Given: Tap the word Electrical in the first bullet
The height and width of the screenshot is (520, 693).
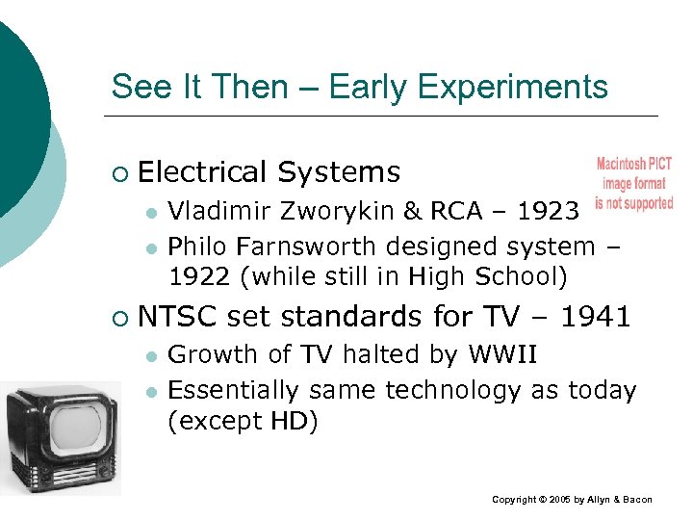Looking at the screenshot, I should [x=202, y=172].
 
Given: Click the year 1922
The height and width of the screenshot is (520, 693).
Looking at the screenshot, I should [x=200, y=277].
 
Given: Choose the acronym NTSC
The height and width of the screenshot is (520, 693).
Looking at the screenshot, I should [x=177, y=316].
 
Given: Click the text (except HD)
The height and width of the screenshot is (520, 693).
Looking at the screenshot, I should [x=243, y=422].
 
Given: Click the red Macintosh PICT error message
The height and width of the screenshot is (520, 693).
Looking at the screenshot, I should [x=633, y=183].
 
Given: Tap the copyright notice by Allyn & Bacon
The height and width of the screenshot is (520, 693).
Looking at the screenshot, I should [x=572, y=500].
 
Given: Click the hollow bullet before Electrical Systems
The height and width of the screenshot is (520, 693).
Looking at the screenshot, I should [x=117, y=174].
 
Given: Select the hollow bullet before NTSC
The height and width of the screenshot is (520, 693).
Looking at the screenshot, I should [x=117, y=318].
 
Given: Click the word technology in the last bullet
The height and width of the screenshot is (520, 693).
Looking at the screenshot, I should [x=456, y=390].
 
